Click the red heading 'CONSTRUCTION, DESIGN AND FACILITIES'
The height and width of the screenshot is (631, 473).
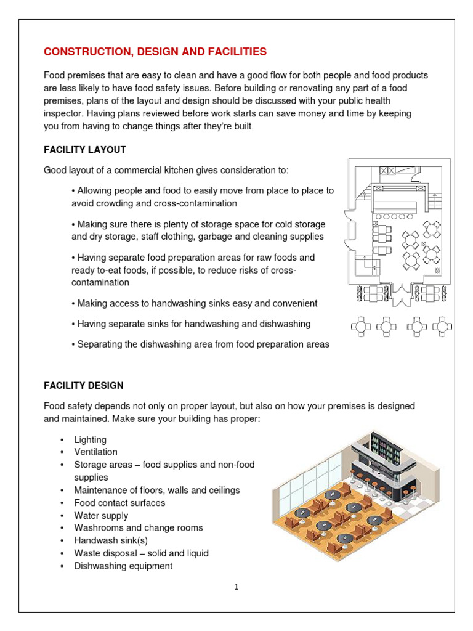point(155,51)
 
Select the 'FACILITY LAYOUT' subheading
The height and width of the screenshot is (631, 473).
point(84,150)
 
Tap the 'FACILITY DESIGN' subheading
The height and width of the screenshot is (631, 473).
point(83,386)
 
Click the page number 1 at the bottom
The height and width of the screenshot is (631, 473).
point(236,587)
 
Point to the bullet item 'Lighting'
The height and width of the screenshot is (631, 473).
point(90,440)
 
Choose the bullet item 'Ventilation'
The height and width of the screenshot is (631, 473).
point(95,452)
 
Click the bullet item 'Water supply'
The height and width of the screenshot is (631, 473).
point(101,516)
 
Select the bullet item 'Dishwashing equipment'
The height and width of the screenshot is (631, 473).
point(123,566)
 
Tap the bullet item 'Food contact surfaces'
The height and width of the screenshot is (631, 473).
point(119,503)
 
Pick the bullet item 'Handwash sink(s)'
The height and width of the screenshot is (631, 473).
point(110,540)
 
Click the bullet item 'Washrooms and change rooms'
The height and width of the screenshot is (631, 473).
point(138,528)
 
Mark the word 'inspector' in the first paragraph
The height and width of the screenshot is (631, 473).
point(63,113)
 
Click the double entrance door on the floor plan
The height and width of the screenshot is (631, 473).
point(400,295)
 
